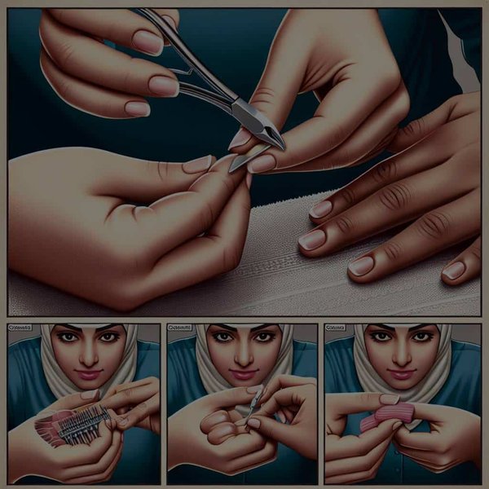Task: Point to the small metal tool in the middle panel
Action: click(x=255, y=403)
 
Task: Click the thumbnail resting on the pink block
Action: click(x=390, y=399)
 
